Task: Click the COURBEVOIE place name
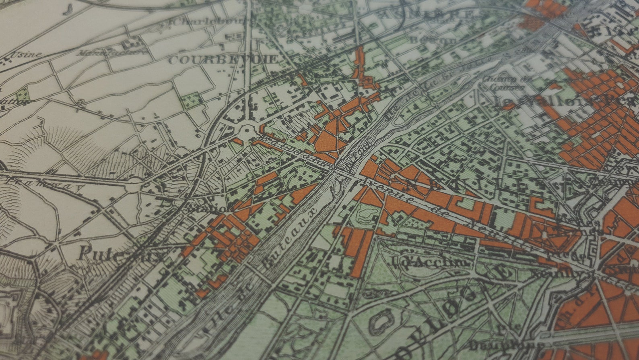point(223,60)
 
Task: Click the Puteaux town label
point(121,254)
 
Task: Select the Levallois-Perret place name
point(563,101)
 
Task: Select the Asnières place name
point(427,15)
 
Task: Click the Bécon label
point(433,40)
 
